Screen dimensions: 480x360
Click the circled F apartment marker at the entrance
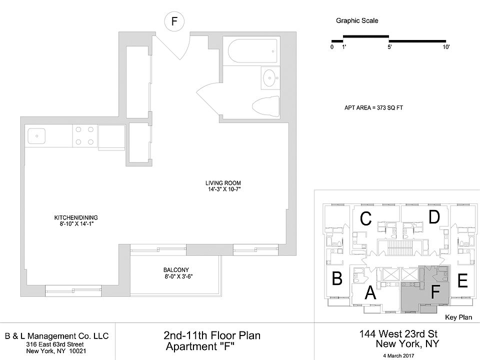(x=174, y=21)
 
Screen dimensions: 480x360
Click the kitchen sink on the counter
(x=36, y=135)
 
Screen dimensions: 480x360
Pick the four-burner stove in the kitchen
(x=84, y=135)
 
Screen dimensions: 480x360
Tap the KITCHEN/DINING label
(x=76, y=217)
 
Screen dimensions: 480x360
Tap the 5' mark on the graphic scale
(x=389, y=46)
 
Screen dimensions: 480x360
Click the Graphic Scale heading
(x=357, y=21)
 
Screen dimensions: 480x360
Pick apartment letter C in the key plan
(x=365, y=218)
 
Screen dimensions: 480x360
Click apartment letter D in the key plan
(x=434, y=217)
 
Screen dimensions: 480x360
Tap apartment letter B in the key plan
(x=336, y=278)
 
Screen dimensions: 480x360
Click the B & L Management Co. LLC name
(x=56, y=336)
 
